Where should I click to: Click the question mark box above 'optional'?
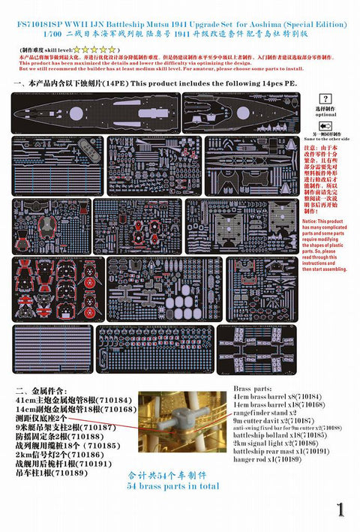coord(325,98)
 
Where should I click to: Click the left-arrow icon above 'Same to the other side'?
coord(325,125)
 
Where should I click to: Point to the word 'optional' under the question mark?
coord(325,113)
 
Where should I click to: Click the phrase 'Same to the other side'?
coord(325,139)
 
